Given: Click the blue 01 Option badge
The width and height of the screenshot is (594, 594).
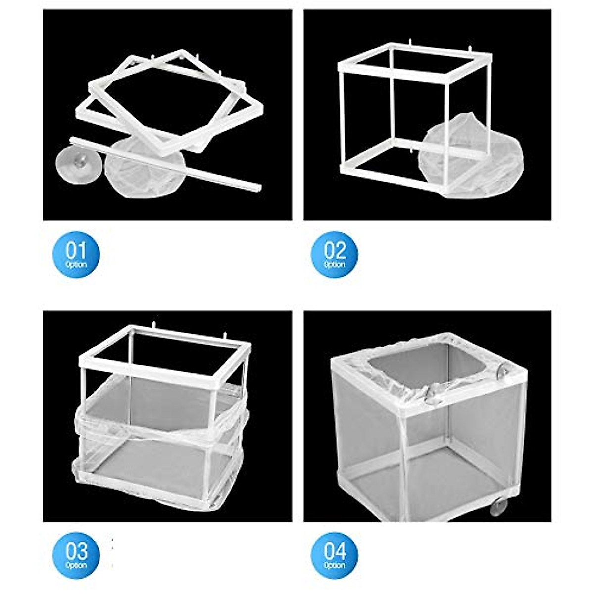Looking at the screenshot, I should point(76,254).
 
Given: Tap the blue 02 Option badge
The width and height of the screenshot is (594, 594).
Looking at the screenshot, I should point(334,254).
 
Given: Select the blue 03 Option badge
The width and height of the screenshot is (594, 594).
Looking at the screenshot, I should point(76,555).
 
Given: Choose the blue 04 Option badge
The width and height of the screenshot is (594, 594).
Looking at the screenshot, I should point(334,555).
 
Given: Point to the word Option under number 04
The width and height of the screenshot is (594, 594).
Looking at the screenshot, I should point(334,565).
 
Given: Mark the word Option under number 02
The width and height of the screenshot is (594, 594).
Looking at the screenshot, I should point(334,264).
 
